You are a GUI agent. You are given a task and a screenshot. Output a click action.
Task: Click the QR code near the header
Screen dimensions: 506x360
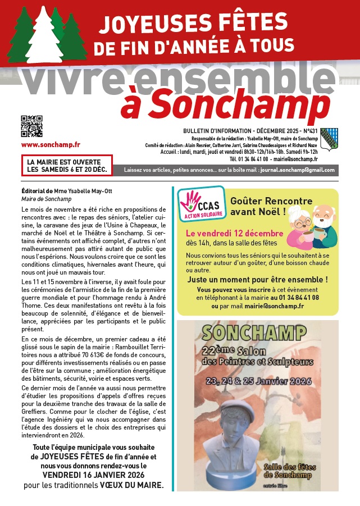[x=31, y=126]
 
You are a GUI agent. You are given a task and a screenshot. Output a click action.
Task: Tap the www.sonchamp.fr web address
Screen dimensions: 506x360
[x=43, y=144]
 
